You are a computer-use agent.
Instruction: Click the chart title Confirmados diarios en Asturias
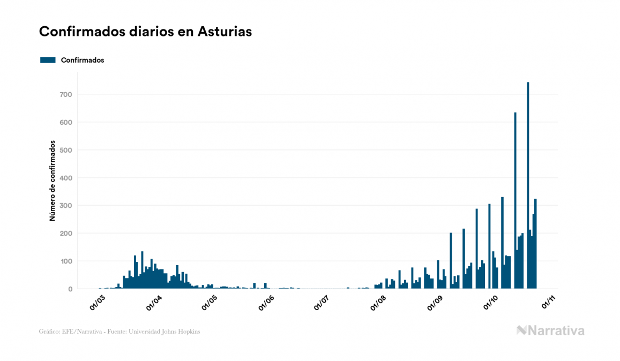coord(145,32)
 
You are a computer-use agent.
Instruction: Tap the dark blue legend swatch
coord(48,60)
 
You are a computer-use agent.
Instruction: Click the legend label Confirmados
coord(83,60)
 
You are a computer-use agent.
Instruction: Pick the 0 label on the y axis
coord(70,289)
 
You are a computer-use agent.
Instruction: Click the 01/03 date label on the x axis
coord(97,304)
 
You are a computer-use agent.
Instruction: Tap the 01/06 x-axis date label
coord(266,304)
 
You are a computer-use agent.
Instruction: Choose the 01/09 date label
coord(434,304)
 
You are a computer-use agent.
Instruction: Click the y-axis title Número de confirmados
coord(53,181)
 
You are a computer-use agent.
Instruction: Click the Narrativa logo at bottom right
coord(550,330)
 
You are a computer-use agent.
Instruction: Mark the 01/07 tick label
coord(322,304)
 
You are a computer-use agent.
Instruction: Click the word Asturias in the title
coord(225,32)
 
